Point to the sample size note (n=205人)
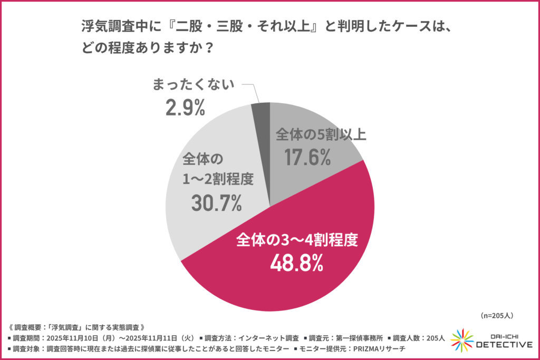click(497, 315)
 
